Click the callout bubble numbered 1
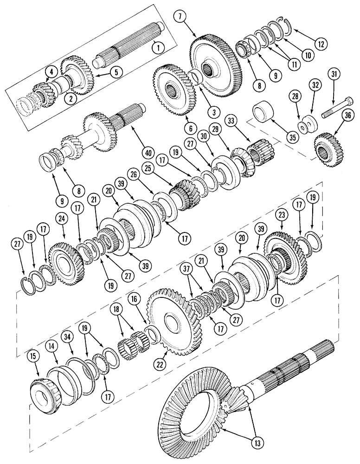[x=159, y=46]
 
